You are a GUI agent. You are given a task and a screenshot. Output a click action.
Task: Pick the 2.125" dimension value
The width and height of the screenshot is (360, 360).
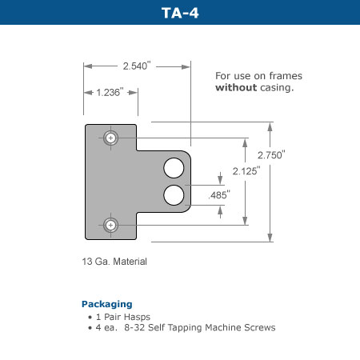tap(246, 171)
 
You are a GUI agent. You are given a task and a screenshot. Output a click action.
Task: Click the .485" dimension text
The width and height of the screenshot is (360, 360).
tap(218, 194)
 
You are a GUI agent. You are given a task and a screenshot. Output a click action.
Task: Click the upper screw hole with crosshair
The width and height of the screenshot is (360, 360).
tap(110, 138)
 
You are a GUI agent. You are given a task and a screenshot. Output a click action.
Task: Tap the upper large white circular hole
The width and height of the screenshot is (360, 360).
tap(174, 168)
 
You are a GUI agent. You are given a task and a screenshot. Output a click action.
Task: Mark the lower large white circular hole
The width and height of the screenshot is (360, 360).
tap(174, 194)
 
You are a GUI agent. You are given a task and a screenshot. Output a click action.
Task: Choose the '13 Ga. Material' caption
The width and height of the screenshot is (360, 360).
tap(114, 262)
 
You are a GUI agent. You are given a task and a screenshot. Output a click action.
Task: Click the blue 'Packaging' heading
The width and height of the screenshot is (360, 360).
tap(106, 304)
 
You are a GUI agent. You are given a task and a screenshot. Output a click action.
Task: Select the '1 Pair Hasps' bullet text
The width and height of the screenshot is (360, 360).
tap(120, 316)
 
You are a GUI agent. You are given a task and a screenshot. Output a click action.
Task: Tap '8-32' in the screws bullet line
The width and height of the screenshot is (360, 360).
tap(134, 327)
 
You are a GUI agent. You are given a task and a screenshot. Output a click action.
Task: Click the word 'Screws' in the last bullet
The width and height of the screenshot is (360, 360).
tap(260, 327)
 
